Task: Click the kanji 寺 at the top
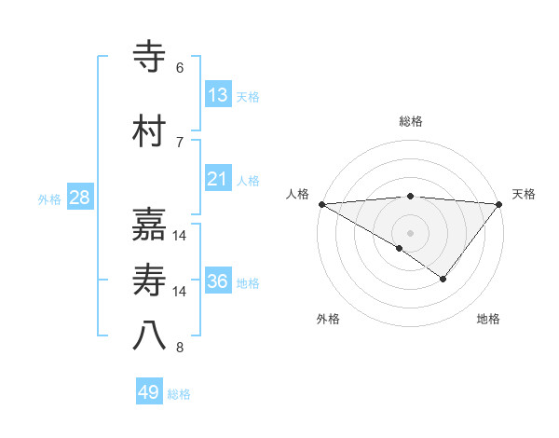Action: (150, 57)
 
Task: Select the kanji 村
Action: (150, 131)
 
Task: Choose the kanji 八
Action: (150, 336)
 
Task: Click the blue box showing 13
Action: (218, 95)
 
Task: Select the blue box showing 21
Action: (218, 179)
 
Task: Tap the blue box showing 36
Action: (218, 281)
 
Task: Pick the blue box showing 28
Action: (79, 198)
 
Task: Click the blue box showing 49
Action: (149, 392)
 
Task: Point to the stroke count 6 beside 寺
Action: (180, 68)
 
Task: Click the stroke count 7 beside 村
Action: (180, 142)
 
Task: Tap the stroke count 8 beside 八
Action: (180, 349)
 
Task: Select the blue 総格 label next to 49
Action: (179, 394)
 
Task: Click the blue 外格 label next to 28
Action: (49, 199)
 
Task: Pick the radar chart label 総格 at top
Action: (411, 121)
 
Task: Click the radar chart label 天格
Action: (525, 194)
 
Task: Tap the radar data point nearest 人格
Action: (321, 204)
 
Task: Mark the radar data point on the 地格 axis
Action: (443, 279)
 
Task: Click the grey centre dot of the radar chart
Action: (411, 233)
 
